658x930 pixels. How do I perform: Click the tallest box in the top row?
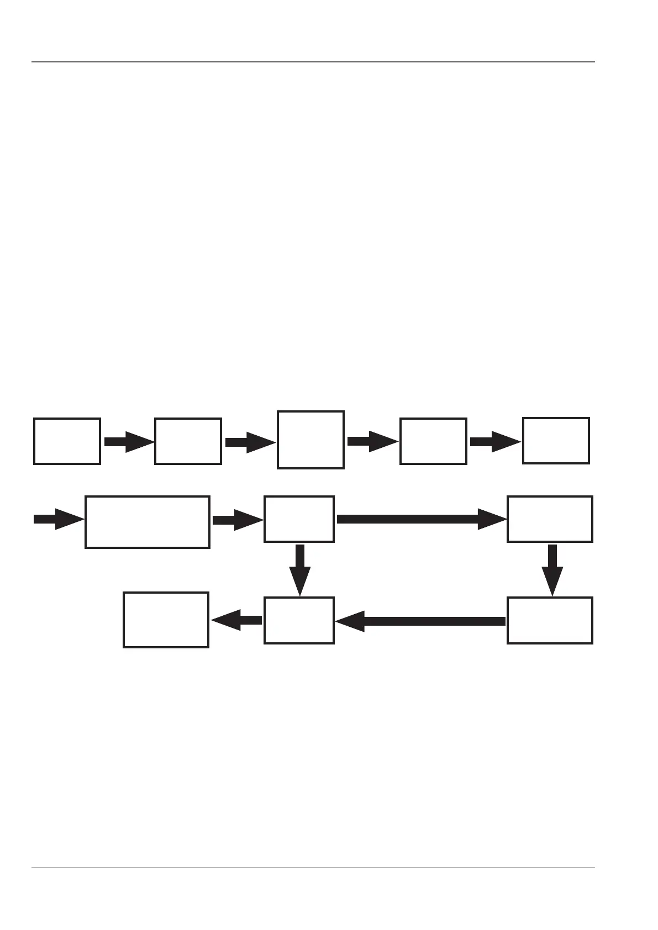pyautogui.click(x=310, y=440)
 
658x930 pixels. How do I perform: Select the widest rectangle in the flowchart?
pyautogui.click(x=147, y=522)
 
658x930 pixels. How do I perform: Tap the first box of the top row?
pyautogui.click(x=67, y=441)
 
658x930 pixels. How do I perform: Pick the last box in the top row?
pyautogui.click(x=556, y=440)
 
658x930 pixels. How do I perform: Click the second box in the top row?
pyautogui.click(x=188, y=441)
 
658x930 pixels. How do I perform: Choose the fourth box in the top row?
pyautogui.click(x=433, y=441)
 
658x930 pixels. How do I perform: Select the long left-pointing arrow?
pyautogui.click(x=420, y=621)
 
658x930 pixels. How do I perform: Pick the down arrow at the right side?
pyautogui.click(x=552, y=570)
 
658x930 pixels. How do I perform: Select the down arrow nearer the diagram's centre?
pyautogui.click(x=300, y=570)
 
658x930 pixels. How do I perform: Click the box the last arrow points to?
pyautogui.click(x=166, y=620)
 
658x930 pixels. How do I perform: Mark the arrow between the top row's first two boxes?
pyautogui.click(x=128, y=442)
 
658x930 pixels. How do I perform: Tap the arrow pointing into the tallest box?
pyautogui.click(x=250, y=442)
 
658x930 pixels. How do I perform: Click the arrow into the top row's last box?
pyautogui.click(x=494, y=442)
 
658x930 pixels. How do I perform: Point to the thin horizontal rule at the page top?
pyautogui.click(x=313, y=62)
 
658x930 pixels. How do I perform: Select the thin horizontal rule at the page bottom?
pyautogui.click(x=313, y=868)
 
